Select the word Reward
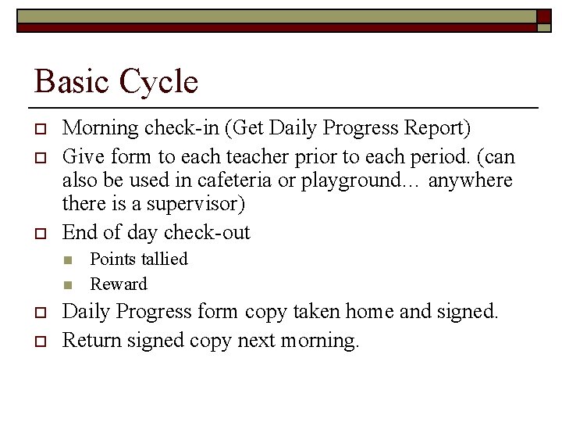[x=119, y=284]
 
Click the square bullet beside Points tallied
[x=67, y=259]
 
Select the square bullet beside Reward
[x=67, y=284]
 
